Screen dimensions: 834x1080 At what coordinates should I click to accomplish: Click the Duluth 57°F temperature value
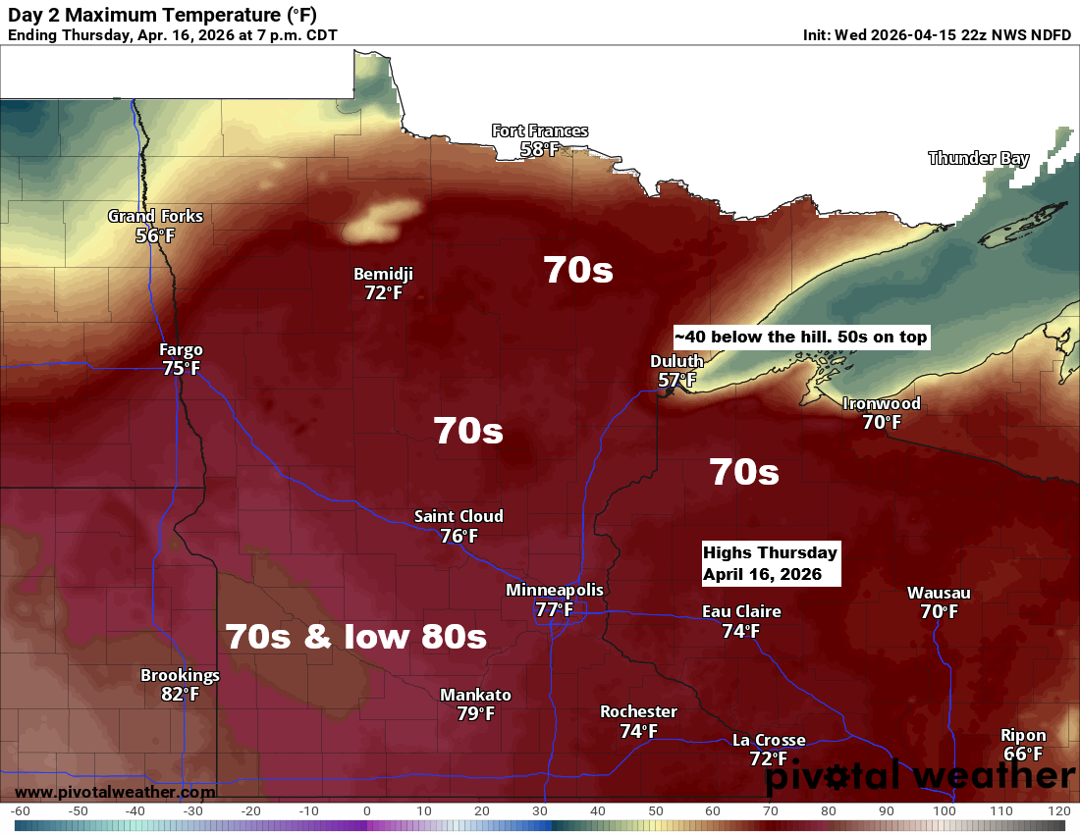[x=676, y=380]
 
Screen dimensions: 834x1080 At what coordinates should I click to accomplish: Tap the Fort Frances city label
[x=540, y=130]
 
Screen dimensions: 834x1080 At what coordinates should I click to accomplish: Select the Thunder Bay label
[x=978, y=158]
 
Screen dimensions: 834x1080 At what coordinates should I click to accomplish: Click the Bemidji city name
[x=383, y=274]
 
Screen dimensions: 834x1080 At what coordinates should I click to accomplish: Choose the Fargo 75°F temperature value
[x=182, y=369]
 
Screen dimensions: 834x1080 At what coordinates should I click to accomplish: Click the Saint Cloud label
[x=459, y=516]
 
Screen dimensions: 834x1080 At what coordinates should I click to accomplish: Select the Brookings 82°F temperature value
[x=180, y=695]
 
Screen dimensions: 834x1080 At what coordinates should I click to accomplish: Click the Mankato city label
[x=475, y=695]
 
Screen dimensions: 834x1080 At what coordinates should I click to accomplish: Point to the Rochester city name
[x=638, y=711]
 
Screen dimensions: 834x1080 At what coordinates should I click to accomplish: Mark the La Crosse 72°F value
[x=769, y=758]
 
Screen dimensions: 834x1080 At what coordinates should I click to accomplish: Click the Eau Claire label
[x=741, y=611]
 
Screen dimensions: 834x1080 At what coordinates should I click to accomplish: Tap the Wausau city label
[x=939, y=593]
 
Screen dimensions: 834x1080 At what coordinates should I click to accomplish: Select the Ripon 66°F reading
[x=1023, y=754]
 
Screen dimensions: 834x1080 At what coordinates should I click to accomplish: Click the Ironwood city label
[x=882, y=403]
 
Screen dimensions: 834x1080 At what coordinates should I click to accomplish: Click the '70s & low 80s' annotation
[x=355, y=637]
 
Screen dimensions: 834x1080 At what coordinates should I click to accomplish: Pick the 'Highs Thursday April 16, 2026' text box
[x=771, y=563]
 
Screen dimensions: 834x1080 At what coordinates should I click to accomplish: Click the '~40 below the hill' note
[x=800, y=338]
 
